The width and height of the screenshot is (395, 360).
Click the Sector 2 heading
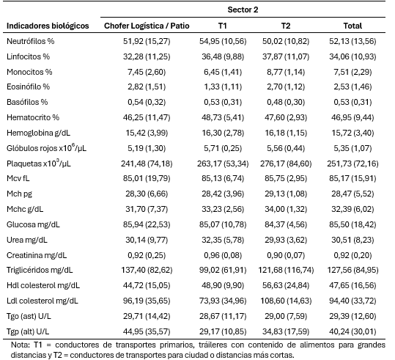pyautogui.click(x=243, y=10)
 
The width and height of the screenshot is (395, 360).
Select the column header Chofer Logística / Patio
pyautogui.click(x=147, y=26)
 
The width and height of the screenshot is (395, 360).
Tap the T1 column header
pyautogui.click(x=223, y=26)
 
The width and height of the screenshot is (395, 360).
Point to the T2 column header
pyautogui.click(x=286, y=26)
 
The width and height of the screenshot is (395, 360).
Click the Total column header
pyautogui.click(x=352, y=26)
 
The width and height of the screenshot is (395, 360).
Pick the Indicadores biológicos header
pyautogui.click(x=48, y=26)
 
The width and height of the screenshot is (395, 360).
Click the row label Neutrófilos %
pyautogui.click(x=31, y=41)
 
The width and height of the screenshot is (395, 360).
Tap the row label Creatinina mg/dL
pyautogui.click(x=37, y=255)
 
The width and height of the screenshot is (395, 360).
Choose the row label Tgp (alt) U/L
pyautogui.click(x=28, y=331)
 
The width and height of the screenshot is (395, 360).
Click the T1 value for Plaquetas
pyautogui.click(x=223, y=164)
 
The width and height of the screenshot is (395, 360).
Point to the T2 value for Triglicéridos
pyautogui.click(x=286, y=271)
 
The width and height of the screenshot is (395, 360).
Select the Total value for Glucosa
pyautogui.click(x=352, y=224)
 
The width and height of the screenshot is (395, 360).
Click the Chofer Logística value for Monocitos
pyautogui.click(x=147, y=72)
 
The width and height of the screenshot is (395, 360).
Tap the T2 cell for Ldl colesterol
pyautogui.click(x=286, y=301)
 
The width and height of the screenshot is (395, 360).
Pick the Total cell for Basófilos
pyautogui.click(x=352, y=102)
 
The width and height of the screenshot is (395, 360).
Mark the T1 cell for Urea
pyautogui.click(x=223, y=240)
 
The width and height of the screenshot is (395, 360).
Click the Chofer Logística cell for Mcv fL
pyautogui.click(x=147, y=178)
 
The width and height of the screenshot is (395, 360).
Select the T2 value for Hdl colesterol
pyautogui.click(x=286, y=285)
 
